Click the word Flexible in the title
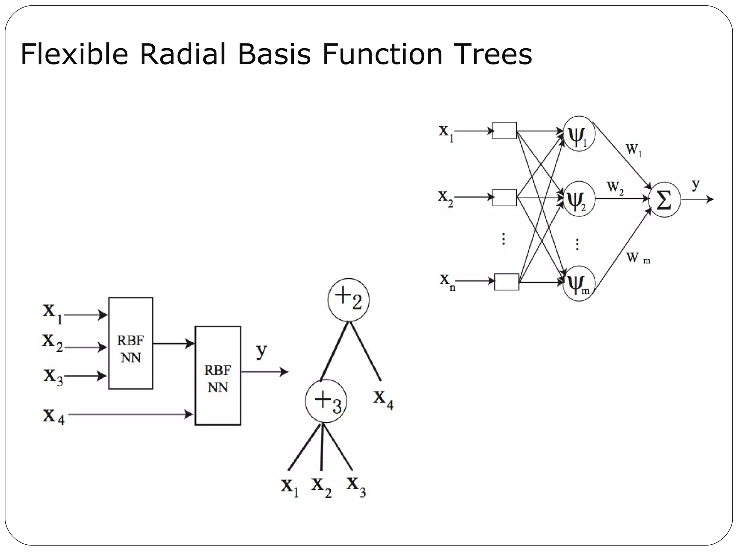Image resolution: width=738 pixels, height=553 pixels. click(74, 55)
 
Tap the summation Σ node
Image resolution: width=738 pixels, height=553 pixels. click(664, 200)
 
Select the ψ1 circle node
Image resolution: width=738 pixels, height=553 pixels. click(578, 134)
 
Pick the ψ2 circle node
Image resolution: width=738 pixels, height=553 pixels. click(578, 199)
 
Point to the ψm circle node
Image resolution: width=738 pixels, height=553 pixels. click(578, 283)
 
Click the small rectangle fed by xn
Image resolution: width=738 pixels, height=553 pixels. click(507, 282)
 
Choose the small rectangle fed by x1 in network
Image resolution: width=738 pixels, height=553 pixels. click(504, 130)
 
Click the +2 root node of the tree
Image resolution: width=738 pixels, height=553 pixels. click(348, 300)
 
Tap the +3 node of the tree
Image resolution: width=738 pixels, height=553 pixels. click(326, 401)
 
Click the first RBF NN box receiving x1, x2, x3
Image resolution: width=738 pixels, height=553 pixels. click(130, 343)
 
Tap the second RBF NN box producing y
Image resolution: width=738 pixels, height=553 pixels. click(218, 376)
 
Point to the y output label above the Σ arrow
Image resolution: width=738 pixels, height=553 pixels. click(695, 184)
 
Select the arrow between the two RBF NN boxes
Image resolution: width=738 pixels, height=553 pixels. click(173, 344)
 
